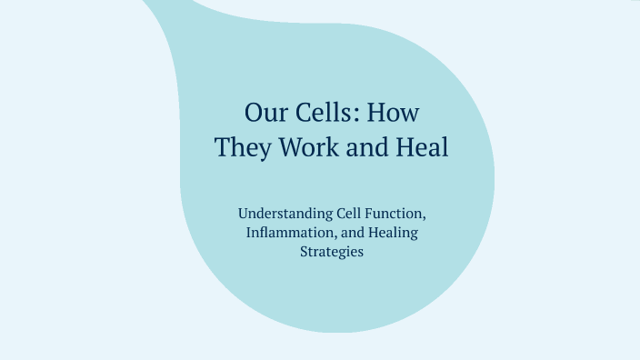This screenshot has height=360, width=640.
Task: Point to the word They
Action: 243,147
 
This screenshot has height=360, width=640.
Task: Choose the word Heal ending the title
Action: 422,147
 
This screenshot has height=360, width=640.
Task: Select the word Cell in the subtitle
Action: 342,214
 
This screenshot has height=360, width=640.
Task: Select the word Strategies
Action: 332,252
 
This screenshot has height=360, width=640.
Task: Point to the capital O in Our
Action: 254,113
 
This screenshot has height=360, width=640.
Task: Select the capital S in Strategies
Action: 304,252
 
